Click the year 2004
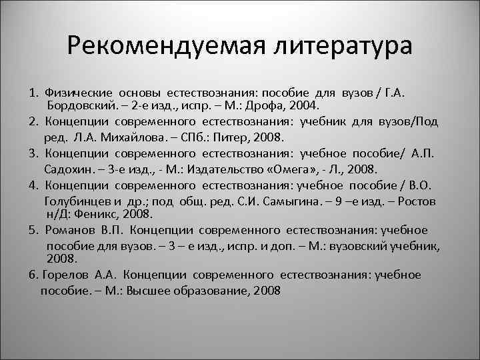click(x=306, y=106)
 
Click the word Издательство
click(x=230, y=169)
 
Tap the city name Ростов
click(x=417, y=200)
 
